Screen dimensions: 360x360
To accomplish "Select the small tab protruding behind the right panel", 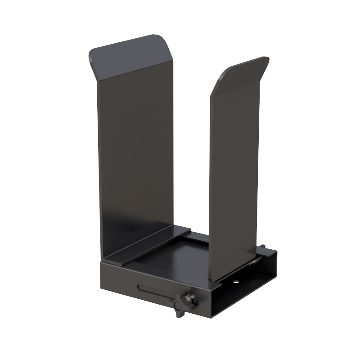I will coord(262,247).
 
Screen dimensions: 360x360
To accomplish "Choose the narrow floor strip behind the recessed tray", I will coord(198,236).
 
